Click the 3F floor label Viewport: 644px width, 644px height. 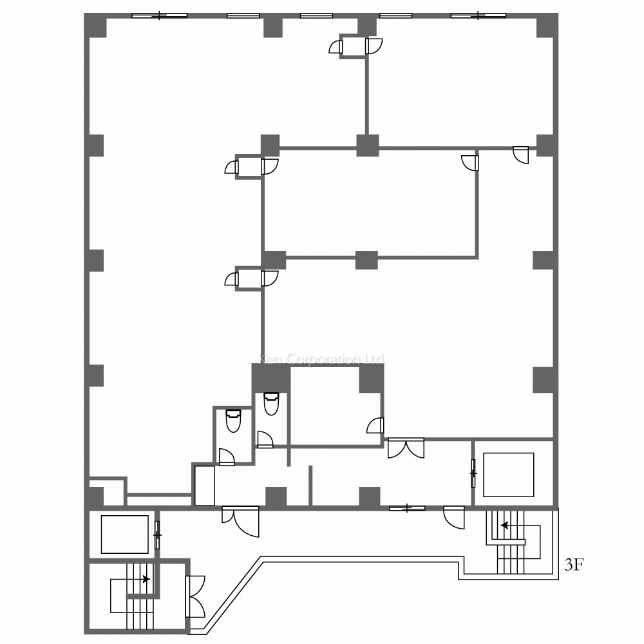point(574,565)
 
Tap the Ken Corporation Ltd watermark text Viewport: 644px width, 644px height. point(321,359)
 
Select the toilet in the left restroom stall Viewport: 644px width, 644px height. point(232,422)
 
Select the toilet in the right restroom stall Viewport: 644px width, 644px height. point(271,404)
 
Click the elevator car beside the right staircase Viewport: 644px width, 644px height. point(508,475)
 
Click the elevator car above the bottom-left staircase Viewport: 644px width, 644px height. point(125,535)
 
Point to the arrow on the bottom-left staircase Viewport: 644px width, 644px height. point(146,579)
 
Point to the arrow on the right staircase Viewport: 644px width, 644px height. point(505,526)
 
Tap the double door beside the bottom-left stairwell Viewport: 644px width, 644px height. point(195,595)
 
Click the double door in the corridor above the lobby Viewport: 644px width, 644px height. point(406,448)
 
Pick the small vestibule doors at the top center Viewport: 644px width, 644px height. point(356,46)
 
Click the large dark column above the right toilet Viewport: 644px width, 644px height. point(270,377)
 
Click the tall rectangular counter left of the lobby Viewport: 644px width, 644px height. point(205,485)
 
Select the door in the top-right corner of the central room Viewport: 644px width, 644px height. point(471,162)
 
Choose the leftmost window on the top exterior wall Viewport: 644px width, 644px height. point(159,15)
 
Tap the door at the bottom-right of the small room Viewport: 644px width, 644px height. point(375,426)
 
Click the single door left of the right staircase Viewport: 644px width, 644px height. point(455,517)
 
